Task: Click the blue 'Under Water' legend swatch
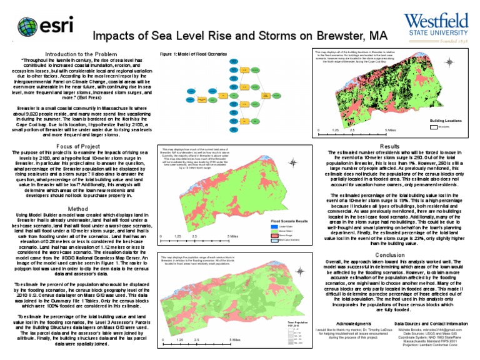pyautogui.click(x=273, y=226)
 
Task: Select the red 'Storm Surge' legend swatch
pyautogui.click(x=273, y=235)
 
